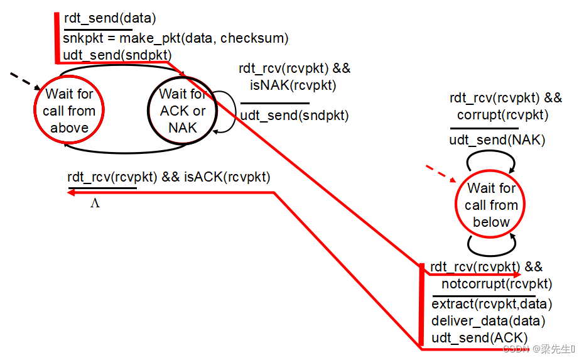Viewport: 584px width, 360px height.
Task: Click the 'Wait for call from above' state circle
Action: point(69,111)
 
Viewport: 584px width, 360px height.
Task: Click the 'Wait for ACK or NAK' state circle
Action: point(182,111)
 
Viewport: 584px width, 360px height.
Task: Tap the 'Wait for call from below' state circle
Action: point(491,205)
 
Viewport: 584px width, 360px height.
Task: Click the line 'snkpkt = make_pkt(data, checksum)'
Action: point(175,38)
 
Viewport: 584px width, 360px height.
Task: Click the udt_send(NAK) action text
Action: point(497,139)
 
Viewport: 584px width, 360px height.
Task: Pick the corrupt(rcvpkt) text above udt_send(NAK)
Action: point(502,115)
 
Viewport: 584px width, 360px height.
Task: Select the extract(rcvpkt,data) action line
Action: point(492,304)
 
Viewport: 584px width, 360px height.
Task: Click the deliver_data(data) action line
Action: point(488,321)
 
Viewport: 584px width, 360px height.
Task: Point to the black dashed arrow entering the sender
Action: point(25,80)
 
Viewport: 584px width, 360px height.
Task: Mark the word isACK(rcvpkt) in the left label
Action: point(227,177)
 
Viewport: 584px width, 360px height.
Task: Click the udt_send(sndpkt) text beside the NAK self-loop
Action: point(295,116)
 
